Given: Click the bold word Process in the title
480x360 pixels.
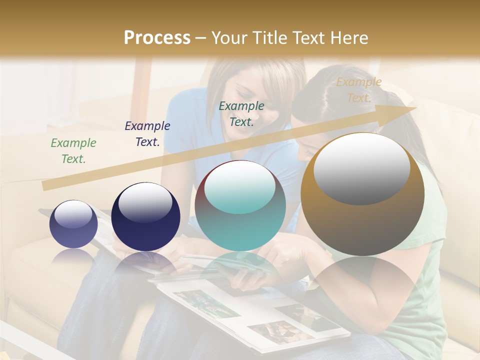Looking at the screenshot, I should [157, 37].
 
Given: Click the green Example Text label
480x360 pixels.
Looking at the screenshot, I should [73, 151].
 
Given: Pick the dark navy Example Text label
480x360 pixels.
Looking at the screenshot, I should [147, 134].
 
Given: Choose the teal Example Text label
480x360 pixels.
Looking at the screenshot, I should [241, 113].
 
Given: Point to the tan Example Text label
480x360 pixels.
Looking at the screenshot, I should [358, 90].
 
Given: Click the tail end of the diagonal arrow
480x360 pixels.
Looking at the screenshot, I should [46, 186].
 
